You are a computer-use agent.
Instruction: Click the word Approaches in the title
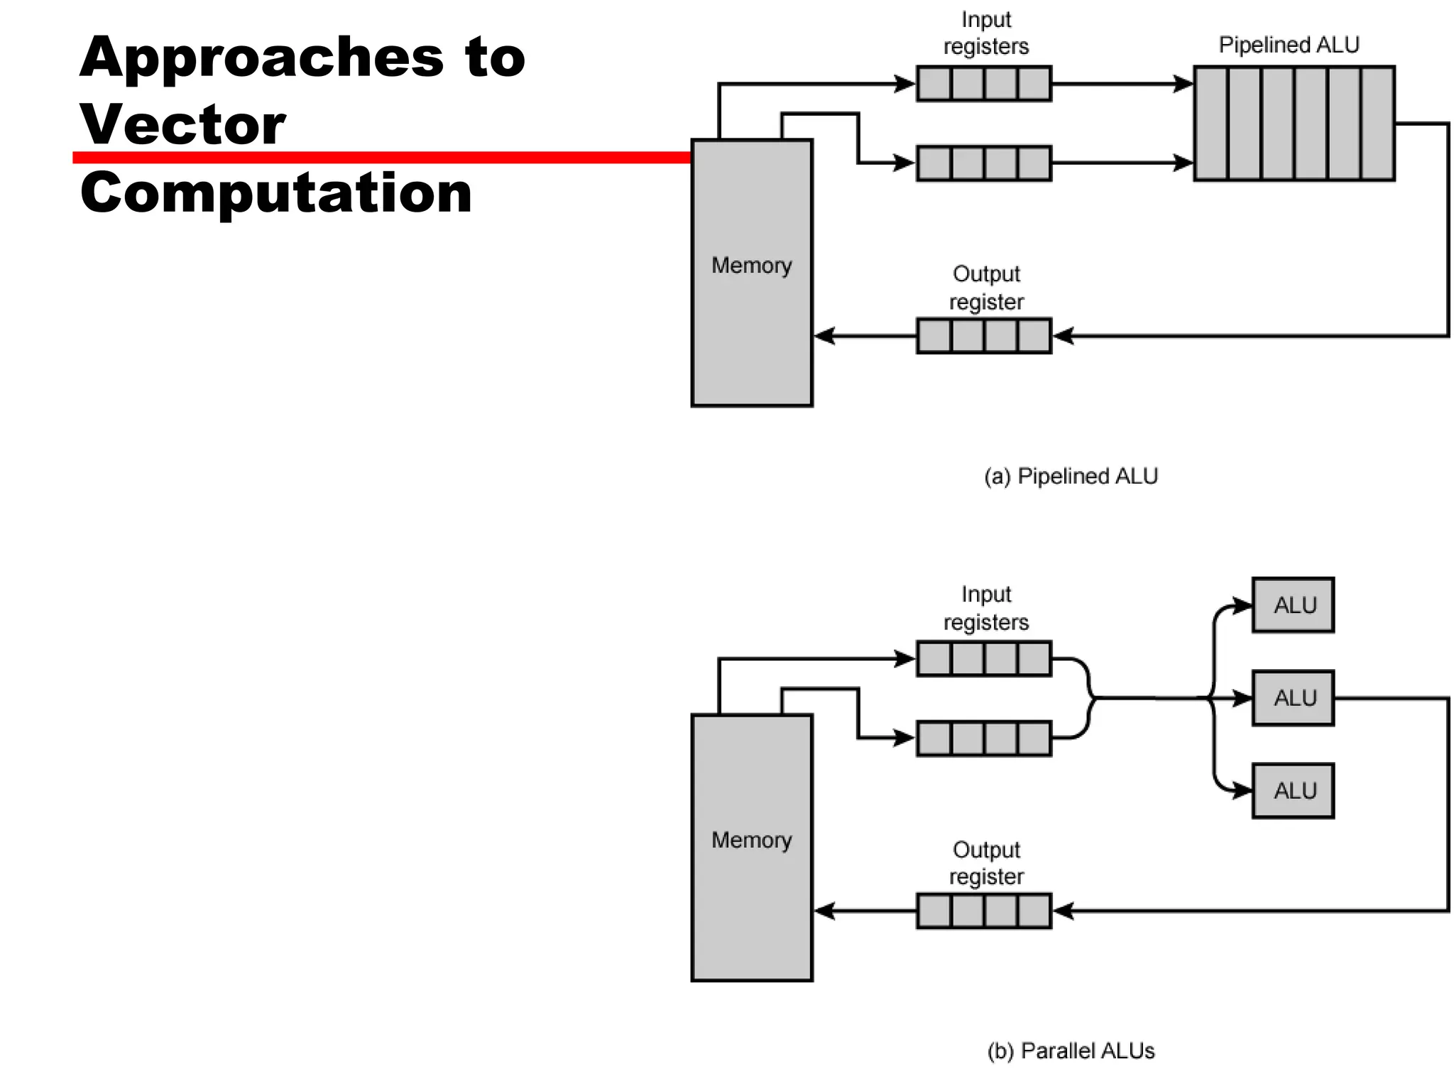click(x=261, y=58)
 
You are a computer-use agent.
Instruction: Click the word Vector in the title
click(x=182, y=125)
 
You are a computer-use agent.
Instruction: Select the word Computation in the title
click(x=275, y=192)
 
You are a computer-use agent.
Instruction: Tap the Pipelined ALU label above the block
click(x=1289, y=45)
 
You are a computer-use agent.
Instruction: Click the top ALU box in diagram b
click(x=1293, y=605)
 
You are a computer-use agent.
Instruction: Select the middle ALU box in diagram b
click(x=1293, y=698)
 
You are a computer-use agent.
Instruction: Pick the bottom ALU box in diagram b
click(x=1293, y=791)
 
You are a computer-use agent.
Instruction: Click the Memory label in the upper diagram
click(x=751, y=265)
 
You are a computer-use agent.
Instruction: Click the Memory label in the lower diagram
click(x=751, y=840)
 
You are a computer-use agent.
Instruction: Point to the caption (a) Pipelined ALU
click(x=1071, y=476)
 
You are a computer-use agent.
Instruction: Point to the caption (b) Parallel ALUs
click(x=1071, y=1051)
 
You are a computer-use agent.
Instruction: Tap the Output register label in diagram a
click(x=986, y=288)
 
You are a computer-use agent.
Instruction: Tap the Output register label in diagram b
click(x=986, y=863)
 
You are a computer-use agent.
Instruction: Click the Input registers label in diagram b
click(x=986, y=608)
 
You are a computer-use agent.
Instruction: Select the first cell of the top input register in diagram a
click(x=934, y=84)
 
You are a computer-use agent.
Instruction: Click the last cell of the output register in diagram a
click(x=1034, y=336)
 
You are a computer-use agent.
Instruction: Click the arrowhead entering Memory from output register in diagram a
click(x=824, y=336)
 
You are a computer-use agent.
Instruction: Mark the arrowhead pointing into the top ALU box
click(x=1242, y=606)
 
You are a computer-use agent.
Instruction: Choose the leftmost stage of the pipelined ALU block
click(x=1211, y=124)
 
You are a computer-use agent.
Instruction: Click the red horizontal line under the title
click(x=381, y=158)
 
